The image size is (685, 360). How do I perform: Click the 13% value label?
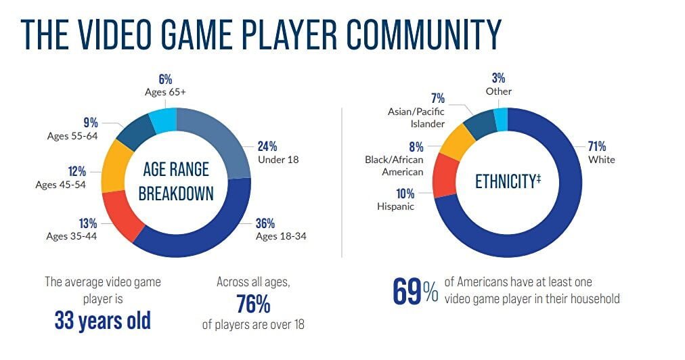(x=87, y=223)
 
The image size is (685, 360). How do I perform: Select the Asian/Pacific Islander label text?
(x=417, y=118)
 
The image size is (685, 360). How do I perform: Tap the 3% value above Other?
(x=500, y=78)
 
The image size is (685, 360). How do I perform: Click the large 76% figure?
(x=253, y=304)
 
